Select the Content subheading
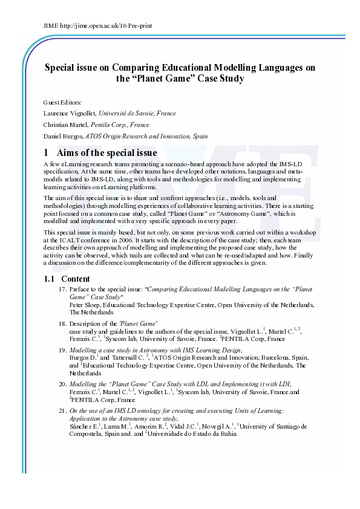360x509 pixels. [x=76, y=279]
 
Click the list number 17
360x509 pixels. [x=62, y=290]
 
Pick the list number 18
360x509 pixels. [x=62, y=324]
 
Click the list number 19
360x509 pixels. [x=62, y=350]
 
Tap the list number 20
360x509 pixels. [x=62, y=384]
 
